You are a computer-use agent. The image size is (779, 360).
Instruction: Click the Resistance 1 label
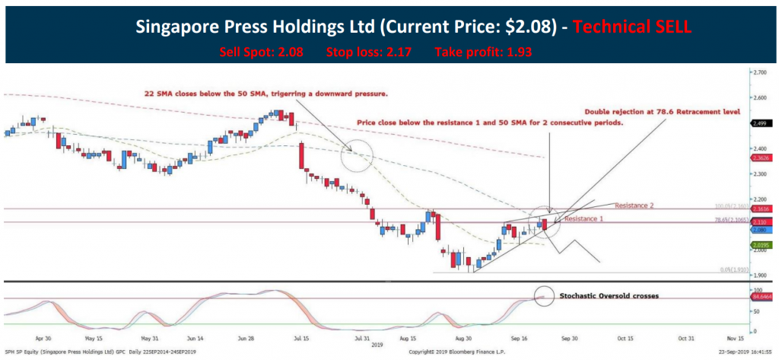tap(582, 218)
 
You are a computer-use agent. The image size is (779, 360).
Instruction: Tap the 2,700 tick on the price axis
tap(758, 72)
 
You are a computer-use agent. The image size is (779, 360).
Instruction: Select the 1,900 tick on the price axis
tap(758, 276)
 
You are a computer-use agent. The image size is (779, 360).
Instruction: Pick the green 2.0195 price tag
tap(760, 245)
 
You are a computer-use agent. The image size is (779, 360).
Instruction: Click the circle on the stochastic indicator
tap(544, 296)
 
